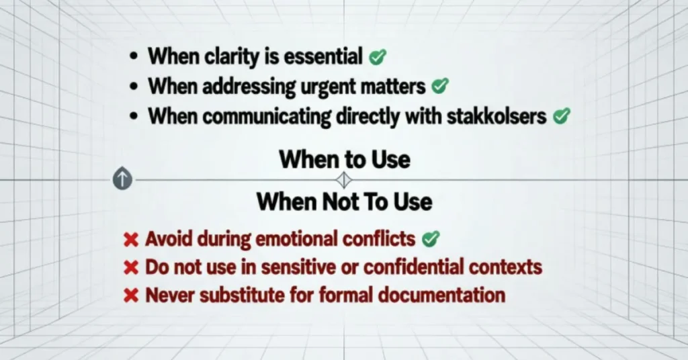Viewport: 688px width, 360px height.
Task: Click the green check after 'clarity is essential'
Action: pyautogui.click(x=378, y=58)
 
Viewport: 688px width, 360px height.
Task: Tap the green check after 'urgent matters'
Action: pyautogui.click(x=440, y=87)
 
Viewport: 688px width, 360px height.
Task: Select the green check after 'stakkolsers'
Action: pyautogui.click(x=561, y=116)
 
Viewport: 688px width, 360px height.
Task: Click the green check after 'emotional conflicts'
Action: pyautogui.click(x=431, y=238)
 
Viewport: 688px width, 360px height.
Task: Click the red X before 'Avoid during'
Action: pyautogui.click(x=132, y=238)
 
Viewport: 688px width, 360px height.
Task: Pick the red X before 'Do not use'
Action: pyautogui.click(x=132, y=267)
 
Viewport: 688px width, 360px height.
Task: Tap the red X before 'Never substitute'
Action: pyautogui.click(x=132, y=295)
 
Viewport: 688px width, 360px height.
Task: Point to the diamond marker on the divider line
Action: pyautogui.click(x=343, y=179)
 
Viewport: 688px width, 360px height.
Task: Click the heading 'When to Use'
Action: pyautogui.click(x=344, y=160)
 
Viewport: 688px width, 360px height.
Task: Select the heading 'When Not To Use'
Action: pyautogui.click(x=344, y=201)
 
